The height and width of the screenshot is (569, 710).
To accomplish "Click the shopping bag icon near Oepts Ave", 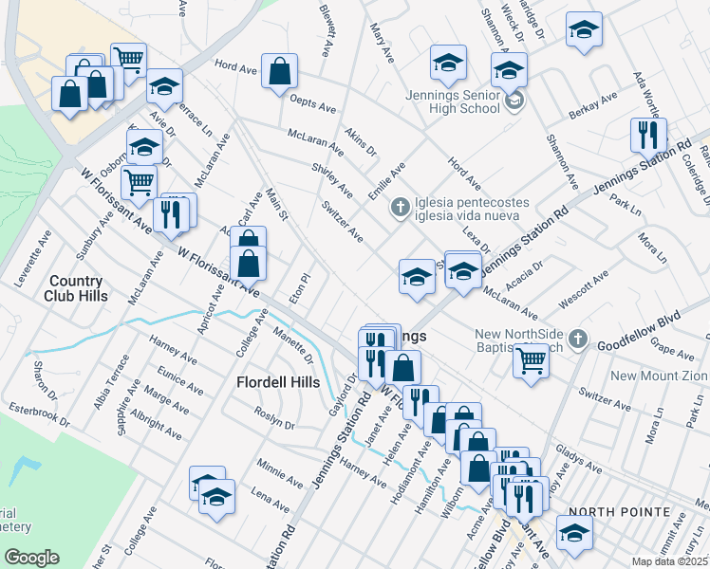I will pos(280,71).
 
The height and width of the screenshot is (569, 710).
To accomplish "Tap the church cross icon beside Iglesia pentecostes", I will pos(401,206).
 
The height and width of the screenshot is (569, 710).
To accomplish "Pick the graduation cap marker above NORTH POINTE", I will pos(574,533).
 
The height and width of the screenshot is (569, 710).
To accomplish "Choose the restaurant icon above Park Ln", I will pos(648,135).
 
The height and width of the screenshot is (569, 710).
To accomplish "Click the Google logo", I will pos(31,558).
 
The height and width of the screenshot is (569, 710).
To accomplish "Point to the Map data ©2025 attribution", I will pos(670,561).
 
